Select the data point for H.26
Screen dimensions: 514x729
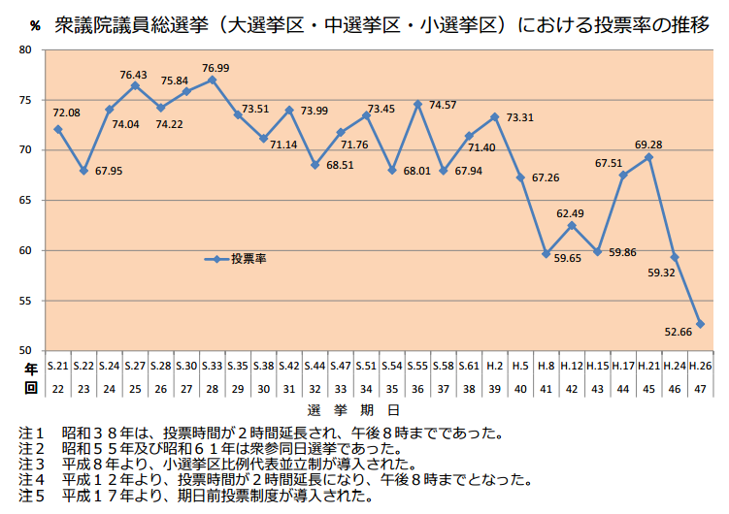(x=700, y=324)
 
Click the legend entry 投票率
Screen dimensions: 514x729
(x=248, y=259)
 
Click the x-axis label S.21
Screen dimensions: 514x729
(x=58, y=366)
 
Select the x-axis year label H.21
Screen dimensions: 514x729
(x=648, y=366)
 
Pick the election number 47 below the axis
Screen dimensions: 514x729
(x=700, y=387)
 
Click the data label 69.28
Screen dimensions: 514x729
(x=648, y=145)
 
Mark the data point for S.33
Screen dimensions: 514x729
(x=213, y=80)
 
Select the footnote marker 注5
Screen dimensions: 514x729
(x=31, y=496)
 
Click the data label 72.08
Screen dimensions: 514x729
(x=66, y=113)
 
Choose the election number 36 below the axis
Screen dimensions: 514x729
(x=417, y=387)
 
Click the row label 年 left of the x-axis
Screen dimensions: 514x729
(x=31, y=368)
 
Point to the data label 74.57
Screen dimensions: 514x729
(x=443, y=104)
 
